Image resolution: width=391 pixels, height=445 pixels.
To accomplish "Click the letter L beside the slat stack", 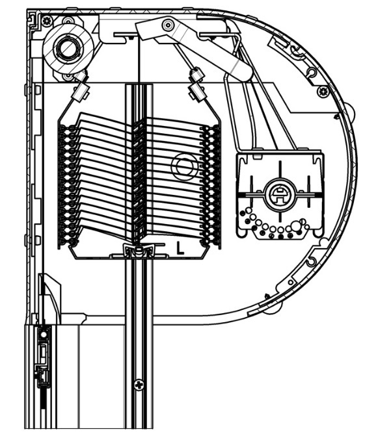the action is [180, 248].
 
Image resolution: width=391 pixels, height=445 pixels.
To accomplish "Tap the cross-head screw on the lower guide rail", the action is [139, 385].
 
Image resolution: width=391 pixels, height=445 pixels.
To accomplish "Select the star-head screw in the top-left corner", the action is [47, 21].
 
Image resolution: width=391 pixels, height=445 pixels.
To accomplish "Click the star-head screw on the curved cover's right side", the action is [323, 92].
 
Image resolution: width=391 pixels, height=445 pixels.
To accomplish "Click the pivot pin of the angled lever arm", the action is [168, 25].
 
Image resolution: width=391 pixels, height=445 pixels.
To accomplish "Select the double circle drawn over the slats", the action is [184, 166].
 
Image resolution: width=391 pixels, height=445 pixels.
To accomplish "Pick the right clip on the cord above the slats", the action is [196, 84].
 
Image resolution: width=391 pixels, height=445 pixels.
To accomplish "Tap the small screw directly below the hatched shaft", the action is [68, 77].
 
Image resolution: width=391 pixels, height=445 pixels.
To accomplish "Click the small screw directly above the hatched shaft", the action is [68, 21].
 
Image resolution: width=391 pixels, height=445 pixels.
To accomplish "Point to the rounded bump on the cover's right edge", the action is [351, 112].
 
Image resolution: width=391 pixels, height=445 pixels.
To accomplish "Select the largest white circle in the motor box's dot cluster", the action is [296, 225].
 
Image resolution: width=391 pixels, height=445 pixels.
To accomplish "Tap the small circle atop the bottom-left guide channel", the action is [43, 334].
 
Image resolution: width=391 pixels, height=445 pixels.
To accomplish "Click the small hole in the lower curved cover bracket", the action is [290, 283].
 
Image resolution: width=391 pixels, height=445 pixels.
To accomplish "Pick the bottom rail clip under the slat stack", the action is [139, 250].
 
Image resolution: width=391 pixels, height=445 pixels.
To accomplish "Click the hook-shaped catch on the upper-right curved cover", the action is [297, 53].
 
